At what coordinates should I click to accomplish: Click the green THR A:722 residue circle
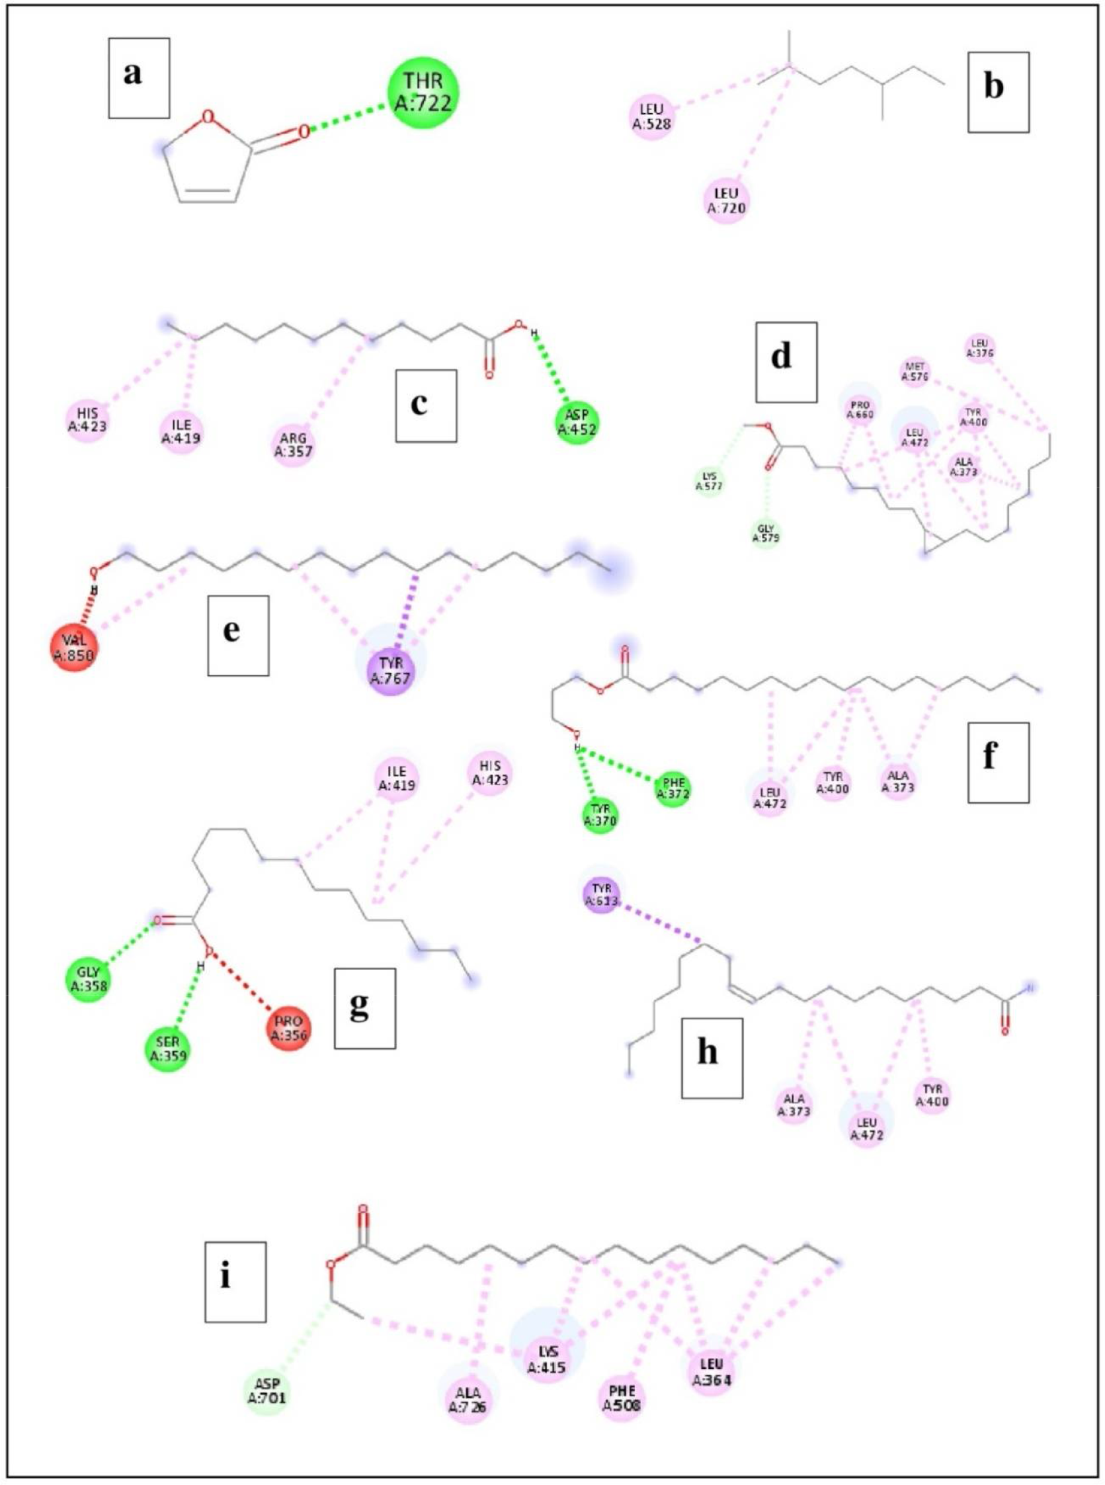point(423,92)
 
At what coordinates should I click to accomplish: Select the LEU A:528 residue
point(652,115)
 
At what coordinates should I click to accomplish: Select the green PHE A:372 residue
point(673,788)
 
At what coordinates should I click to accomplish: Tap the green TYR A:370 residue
point(599,815)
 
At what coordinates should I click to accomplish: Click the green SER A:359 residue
point(168,1048)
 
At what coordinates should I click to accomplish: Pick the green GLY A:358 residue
point(89,978)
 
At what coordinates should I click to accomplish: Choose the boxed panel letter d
point(786,362)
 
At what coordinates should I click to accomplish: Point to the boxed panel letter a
point(139,77)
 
